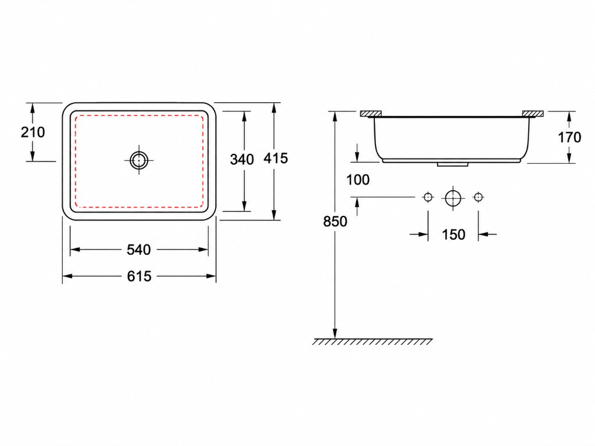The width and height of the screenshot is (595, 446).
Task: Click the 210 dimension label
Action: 33,132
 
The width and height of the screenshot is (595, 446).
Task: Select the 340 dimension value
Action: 242,160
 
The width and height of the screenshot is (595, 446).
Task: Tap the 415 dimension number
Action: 276,158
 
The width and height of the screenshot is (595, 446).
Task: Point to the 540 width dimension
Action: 139,250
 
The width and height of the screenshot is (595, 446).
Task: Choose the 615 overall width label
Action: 139,276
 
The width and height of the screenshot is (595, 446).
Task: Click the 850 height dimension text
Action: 335,221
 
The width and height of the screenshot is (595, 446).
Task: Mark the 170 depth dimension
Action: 569,137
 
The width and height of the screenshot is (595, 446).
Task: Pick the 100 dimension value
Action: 358,180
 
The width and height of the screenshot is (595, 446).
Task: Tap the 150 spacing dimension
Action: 453,235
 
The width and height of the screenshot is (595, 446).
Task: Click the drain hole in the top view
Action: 139,160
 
